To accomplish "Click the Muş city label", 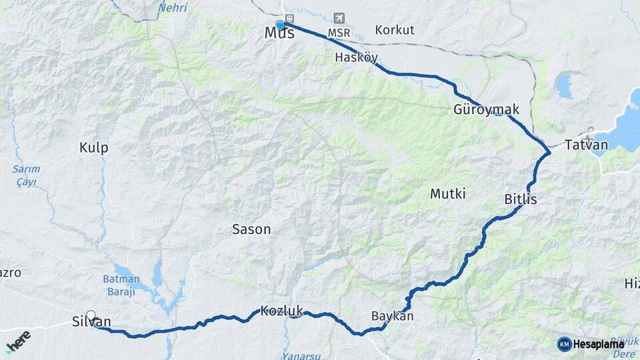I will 279,33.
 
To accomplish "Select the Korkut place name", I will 395,30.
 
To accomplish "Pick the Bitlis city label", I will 521,199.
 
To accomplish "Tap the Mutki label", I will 447,194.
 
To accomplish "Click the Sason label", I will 251,229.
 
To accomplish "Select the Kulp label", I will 93,148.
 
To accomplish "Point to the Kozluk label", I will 282,311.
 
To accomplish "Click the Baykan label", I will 392,316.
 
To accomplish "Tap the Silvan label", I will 91,322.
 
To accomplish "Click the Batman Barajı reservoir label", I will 121,285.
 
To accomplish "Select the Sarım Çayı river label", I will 27,175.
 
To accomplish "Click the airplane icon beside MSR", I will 341,17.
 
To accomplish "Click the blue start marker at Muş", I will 281,25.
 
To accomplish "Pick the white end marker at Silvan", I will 91,315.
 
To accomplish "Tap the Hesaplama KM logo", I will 590,344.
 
